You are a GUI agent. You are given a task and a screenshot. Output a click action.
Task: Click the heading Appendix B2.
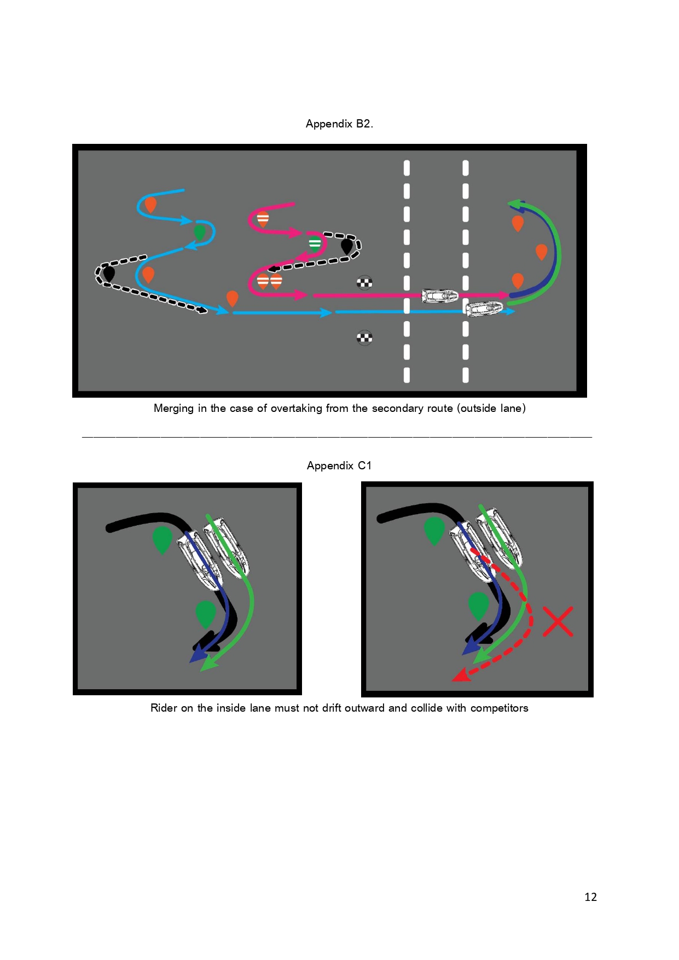(x=339, y=124)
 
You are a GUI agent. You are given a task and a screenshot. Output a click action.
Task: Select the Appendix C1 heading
(x=339, y=466)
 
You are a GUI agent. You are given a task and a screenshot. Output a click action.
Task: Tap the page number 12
(x=590, y=897)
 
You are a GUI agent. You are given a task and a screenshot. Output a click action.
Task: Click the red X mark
(x=558, y=621)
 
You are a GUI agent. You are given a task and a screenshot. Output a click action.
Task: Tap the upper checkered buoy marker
(x=364, y=283)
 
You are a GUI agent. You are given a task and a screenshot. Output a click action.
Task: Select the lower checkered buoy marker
(x=364, y=338)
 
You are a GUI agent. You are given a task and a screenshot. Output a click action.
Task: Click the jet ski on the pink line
(x=439, y=296)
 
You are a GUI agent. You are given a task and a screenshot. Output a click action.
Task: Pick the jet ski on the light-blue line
(x=484, y=309)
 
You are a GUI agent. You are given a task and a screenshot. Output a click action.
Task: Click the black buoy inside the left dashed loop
(x=109, y=274)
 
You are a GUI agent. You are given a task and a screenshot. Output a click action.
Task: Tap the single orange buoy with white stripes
(x=263, y=219)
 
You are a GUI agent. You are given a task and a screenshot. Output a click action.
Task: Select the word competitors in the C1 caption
(x=499, y=708)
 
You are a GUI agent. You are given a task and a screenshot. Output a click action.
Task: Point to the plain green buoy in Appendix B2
(x=200, y=232)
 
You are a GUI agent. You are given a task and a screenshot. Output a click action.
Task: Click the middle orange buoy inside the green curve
(x=541, y=252)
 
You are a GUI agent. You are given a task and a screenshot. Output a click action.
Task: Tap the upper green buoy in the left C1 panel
(x=162, y=540)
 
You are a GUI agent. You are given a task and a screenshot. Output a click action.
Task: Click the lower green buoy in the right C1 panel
(x=479, y=606)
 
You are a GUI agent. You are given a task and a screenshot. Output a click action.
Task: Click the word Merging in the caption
(x=175, y=409)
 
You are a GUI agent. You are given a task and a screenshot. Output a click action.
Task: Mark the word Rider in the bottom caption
(x=164, y=708)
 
